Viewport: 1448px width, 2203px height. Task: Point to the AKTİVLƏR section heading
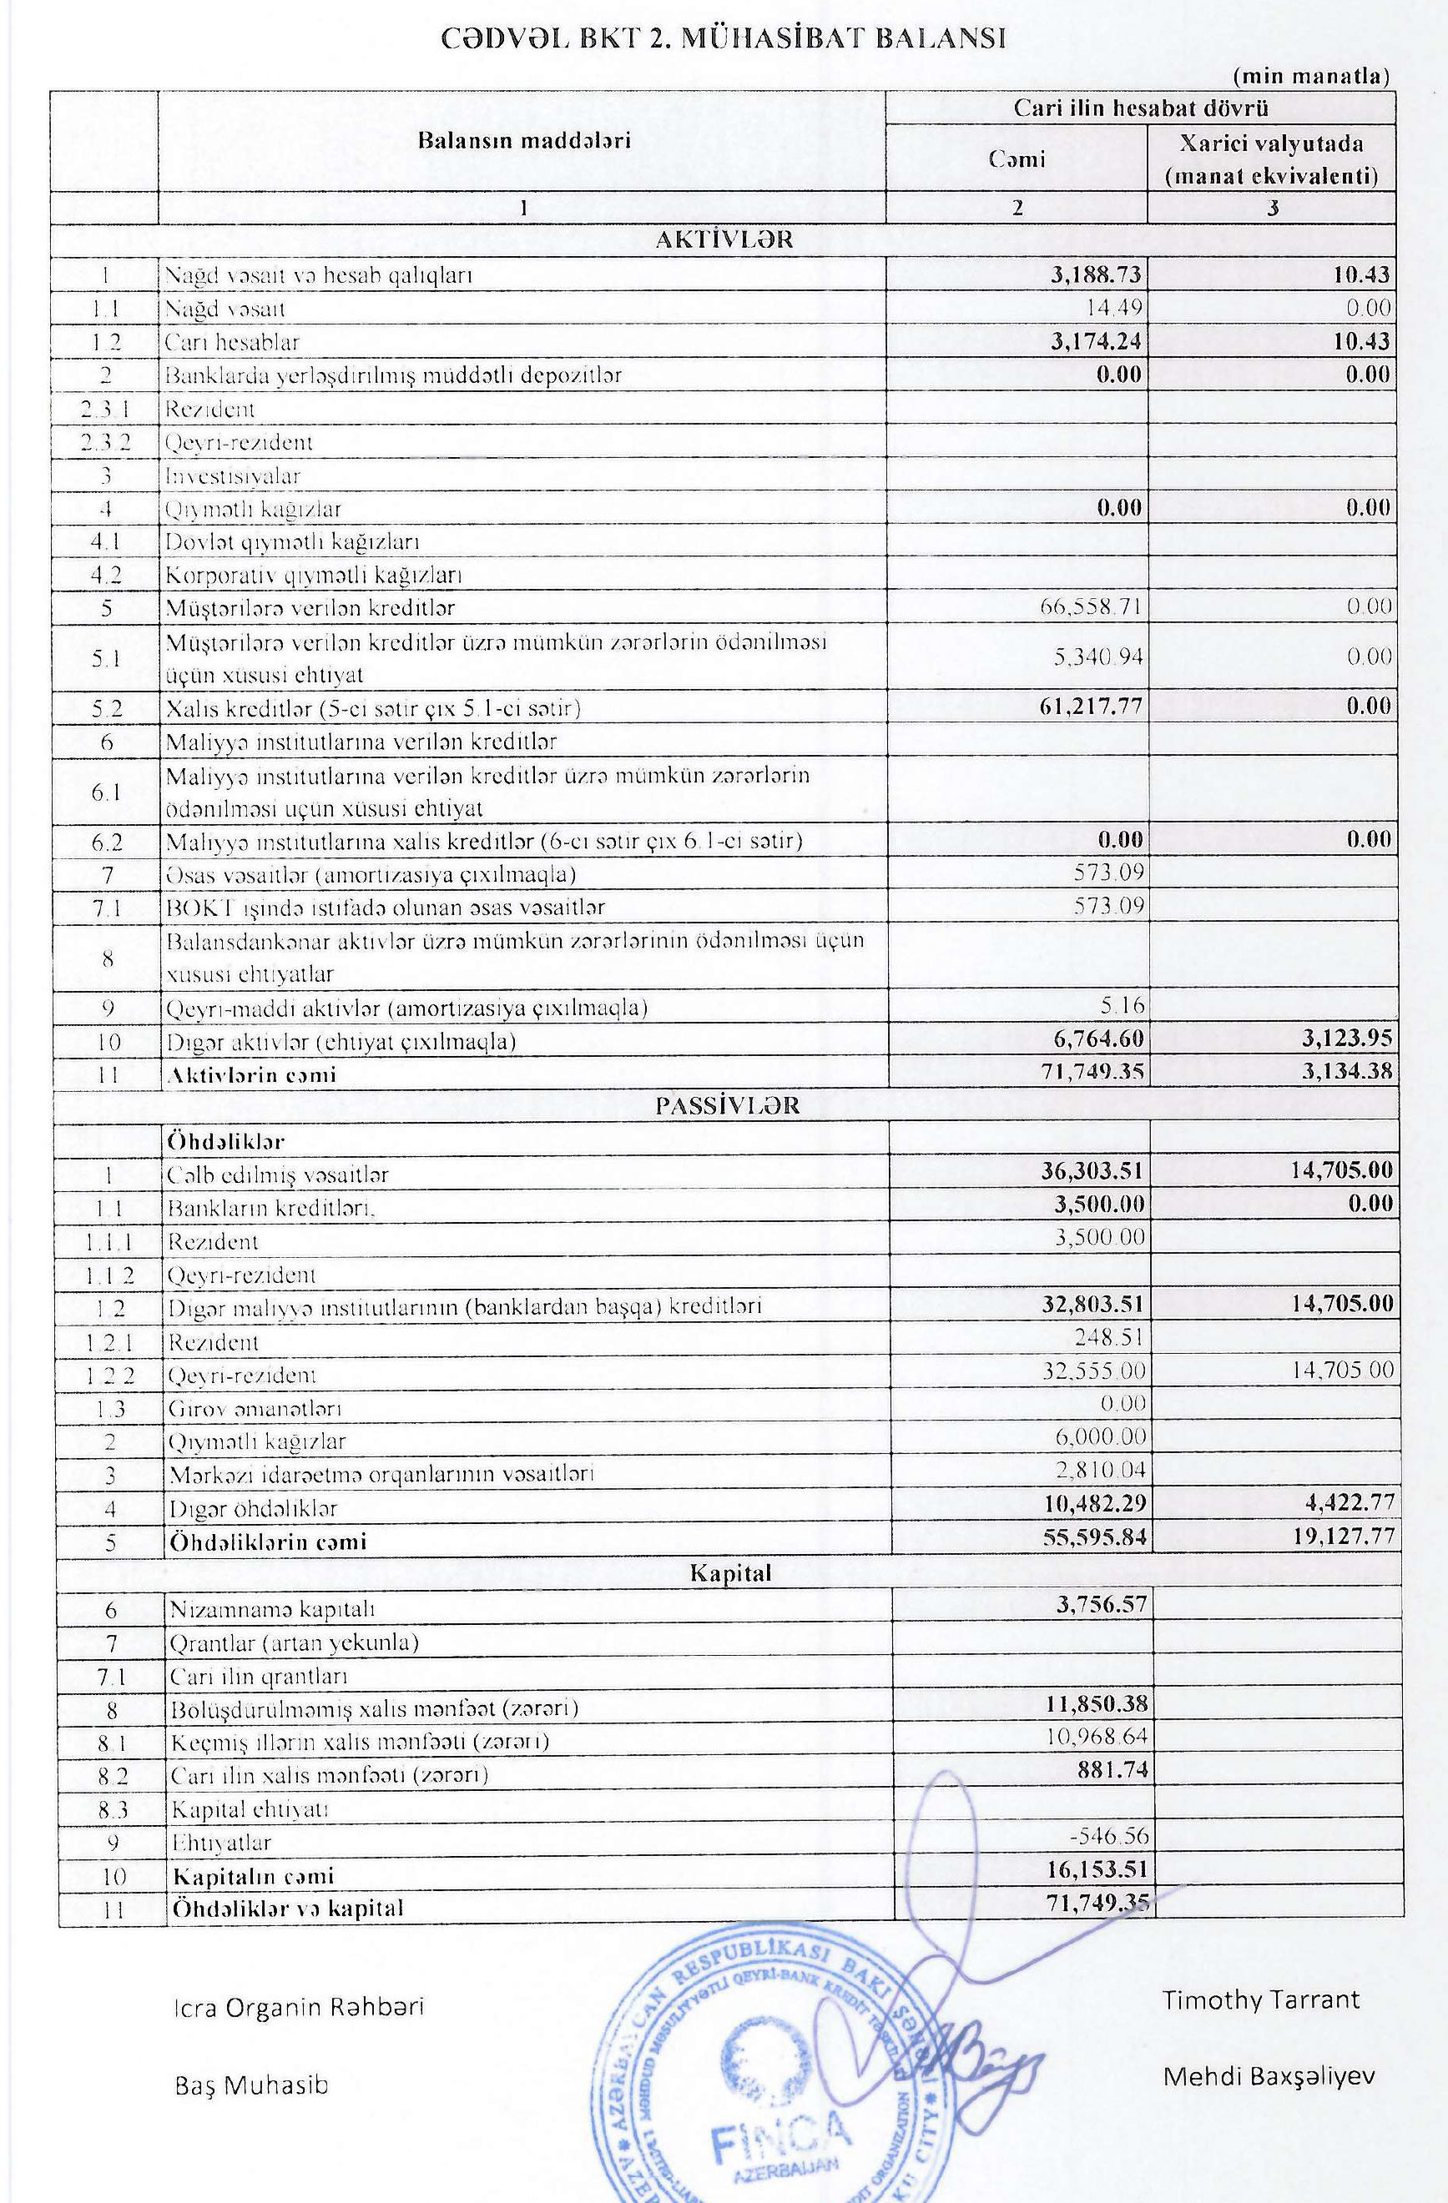pos(724,239)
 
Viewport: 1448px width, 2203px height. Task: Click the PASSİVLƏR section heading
pos(728,1106)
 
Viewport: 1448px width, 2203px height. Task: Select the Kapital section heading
pos(730,1572)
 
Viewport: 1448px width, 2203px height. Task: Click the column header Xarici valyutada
pos(1271,144)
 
